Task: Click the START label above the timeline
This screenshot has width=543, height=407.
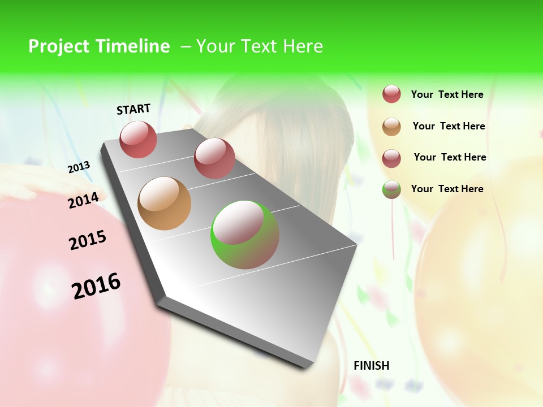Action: [133, 109]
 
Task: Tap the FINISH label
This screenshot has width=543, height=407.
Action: [372, 366]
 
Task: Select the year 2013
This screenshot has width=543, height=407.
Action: [79, 167]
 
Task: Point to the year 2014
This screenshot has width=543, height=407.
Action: [83, 200]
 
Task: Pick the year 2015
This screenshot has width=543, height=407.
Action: [88, 240]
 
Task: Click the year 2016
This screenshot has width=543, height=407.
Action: [96, 286]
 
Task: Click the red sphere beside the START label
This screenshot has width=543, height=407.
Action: [138, 139]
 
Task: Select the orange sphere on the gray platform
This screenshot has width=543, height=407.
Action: [164, 203]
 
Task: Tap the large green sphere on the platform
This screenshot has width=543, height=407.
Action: [245, 235]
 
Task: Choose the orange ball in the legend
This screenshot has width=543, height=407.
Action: [391, 127]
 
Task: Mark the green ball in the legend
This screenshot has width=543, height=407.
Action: [391, 189]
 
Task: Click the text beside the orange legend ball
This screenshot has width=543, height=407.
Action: [449, 126]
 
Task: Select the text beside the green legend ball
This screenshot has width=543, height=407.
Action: [447, 189]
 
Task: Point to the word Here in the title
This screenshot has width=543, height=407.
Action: [303, 46]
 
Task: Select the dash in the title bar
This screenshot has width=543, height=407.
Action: [186, 46]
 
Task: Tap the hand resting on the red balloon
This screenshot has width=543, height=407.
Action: [17, 184]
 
